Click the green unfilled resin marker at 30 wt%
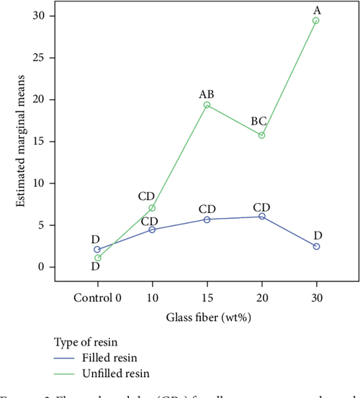[315, 21]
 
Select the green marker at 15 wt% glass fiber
[207, 105]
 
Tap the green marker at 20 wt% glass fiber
[261, 135]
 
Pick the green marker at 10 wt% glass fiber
[152, 208]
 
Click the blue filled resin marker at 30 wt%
[315, 247]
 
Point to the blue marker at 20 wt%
[261, 217]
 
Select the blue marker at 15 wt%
[207, 220]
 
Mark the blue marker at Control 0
[97, 250]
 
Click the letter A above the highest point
[315, 9]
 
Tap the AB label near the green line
[207, 94]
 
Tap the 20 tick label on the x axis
[261, 297]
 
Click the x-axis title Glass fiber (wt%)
[207, 316]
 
